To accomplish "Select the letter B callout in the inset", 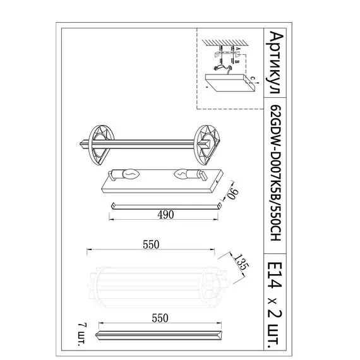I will point(236,61).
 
